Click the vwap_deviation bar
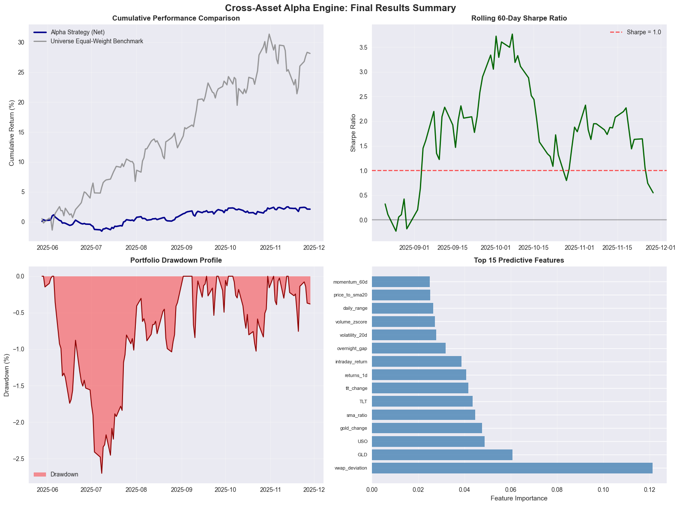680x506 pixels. click(x=512, y=468)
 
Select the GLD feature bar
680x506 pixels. click(x=442, y=455)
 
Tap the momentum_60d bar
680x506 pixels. click(x=401, y=282)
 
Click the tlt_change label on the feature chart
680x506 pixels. click(x=356, y=389)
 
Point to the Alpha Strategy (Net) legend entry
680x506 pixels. click(x=78, y=32)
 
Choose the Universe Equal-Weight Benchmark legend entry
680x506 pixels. click(x=97, y=41)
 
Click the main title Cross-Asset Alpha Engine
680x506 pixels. click(x=340, y=8)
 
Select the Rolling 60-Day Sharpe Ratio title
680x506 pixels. click(x=519, y=18)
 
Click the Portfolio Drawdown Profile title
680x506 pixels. click(x=176, y=260)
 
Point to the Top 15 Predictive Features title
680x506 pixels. click(x=519, y=260)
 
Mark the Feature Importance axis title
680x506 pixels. click(x=519, y=498)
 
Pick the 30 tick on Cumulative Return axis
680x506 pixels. click(x=20, y=42)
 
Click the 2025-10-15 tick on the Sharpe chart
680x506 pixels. click(x=534, y=248)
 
